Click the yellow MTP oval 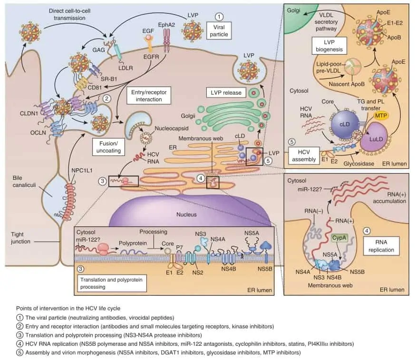pyautogui.click(x=381, y=116)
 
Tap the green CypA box pyautogui.click(x=339, y=238)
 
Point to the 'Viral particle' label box pyautogui.click(x=219, y=31)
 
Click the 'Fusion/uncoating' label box pyautogui.click(x=108, y=147)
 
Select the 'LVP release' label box pyautogui.click(x=226, y=93)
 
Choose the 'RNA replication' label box pyautogui.click(x=381, y=246)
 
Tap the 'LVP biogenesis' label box pyautogui.click(x=329, y=46)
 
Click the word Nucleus pyautogui.click(x=187, y=214)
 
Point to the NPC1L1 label pyautogui.click(x=82, y=170)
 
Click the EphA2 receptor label pyautogui.click(x=166, y=25)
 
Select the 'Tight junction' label pyautogui.click(x=20, y=238)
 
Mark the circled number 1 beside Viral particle pyautogui.click(x=219, y=17)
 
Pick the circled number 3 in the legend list pyautogui.click(x=20, y=335)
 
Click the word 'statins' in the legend pyautogui.click(x=296, y=344)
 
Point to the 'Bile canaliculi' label pyautogui.click(x=24, y=181)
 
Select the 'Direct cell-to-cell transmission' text pyautogui.click(x=69, y=14)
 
